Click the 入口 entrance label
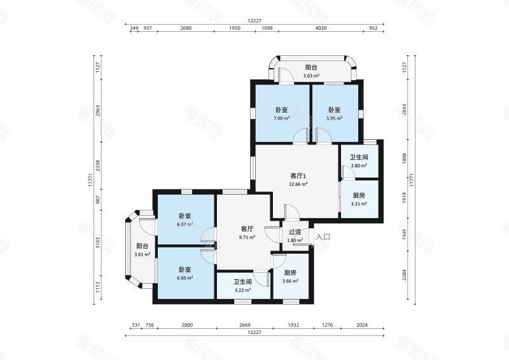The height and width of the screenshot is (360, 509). [x=323, y=237]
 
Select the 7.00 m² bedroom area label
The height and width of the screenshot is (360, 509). [x=282, y=118]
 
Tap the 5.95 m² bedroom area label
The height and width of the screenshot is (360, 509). [x=335, y=118]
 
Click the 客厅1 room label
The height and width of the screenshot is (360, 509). [x=299, y=176]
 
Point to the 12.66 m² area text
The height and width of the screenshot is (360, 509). [x=299, y=184]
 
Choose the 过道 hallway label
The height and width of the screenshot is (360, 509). [x=295, y=232]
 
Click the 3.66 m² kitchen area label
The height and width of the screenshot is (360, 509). [x=291, y=281]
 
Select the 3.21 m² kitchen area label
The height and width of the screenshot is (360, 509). [x=359, y=205]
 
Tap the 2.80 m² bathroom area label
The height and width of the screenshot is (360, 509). [x=359, y=166]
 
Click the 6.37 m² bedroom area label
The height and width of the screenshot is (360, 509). [x=186, y=225]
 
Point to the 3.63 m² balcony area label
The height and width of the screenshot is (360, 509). [x=311, y=76]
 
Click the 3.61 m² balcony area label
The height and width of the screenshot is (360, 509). [x=143, y=255]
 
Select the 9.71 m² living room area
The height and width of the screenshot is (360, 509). [x=248, y=237]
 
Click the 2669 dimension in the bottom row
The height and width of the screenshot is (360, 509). [x=244, y=325]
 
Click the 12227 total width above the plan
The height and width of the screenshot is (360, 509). [x=254, y=20]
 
